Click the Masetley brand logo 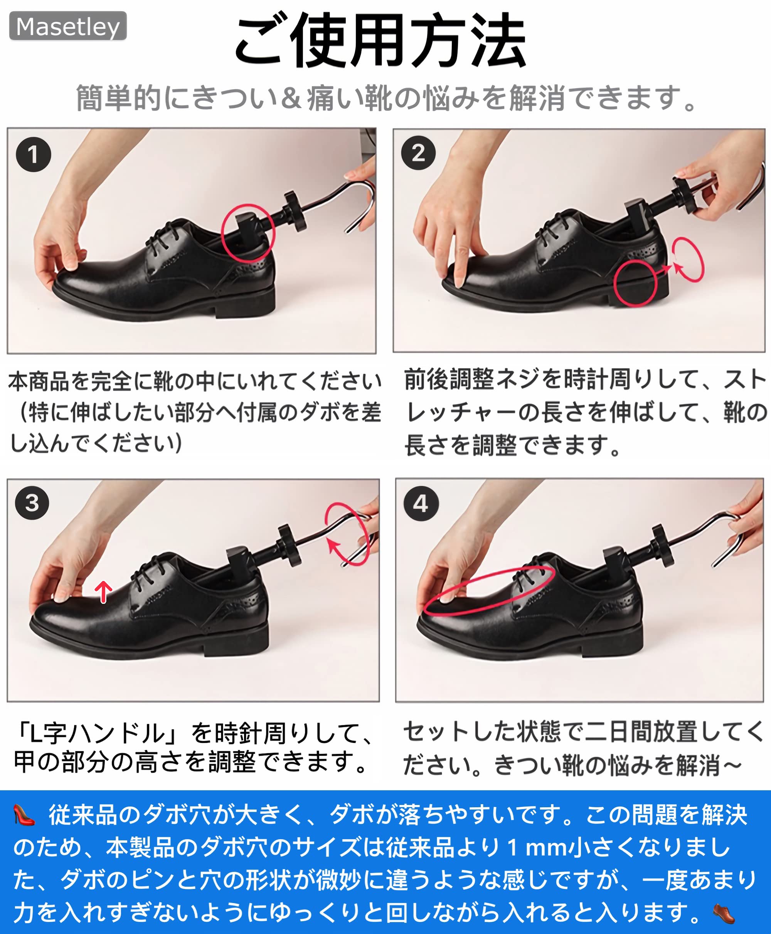[68, 26]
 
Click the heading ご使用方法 [380, 40]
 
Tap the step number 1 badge [33, 155]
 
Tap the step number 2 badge [418, 153]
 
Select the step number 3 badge [32, 503]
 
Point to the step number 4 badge [421, 504]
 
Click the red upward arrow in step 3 [103, 592]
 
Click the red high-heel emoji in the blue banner [24, 815]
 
